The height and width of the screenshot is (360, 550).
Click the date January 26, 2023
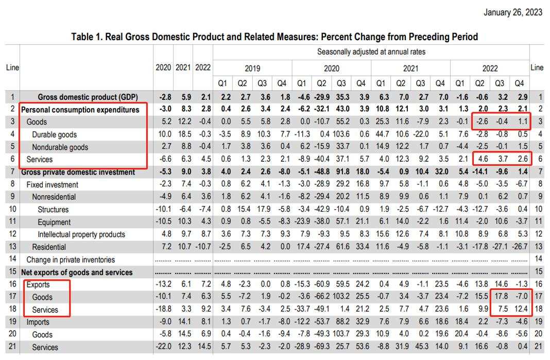pyautogui.click(x=513, y=12)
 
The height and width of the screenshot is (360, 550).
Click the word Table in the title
pyautogui.click(x=82, y=37)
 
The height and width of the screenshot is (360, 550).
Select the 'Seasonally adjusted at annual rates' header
pyautogui.click(x=371, y=52)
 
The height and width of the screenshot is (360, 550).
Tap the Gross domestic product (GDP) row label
pyautogui.click(x=88, y=97)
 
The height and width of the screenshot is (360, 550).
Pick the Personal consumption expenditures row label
pyautogui.click(x=80, y=110)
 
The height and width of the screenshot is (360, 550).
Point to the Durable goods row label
pyautogui.click(x=55, y=135)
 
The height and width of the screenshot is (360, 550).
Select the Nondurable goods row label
pyautogui.click(x=60, y=147)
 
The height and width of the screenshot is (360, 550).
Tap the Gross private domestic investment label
pyautogui.click(x=78, y=172)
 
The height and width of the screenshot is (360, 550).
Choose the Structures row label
pyautogui.click(x=53, y=210)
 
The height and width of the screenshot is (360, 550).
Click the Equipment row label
pyautogui.click(x=54, y=222)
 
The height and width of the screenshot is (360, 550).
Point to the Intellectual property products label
pyautogui.click(x=81, y=234)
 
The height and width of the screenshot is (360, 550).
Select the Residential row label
pyautogui.click(x=49, y=247)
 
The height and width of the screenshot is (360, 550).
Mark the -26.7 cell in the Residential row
pyautogui.click(x=520, y=247)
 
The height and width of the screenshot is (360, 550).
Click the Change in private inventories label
pyautogui.click(x=71, y=260)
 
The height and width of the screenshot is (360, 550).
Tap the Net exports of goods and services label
pyautogui.click(x=77, y=272)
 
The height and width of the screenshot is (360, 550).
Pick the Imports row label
pyautogui.click(x=38, y=322)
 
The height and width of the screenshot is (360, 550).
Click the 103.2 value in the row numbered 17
pyautogui.click(x=341, y=297)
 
